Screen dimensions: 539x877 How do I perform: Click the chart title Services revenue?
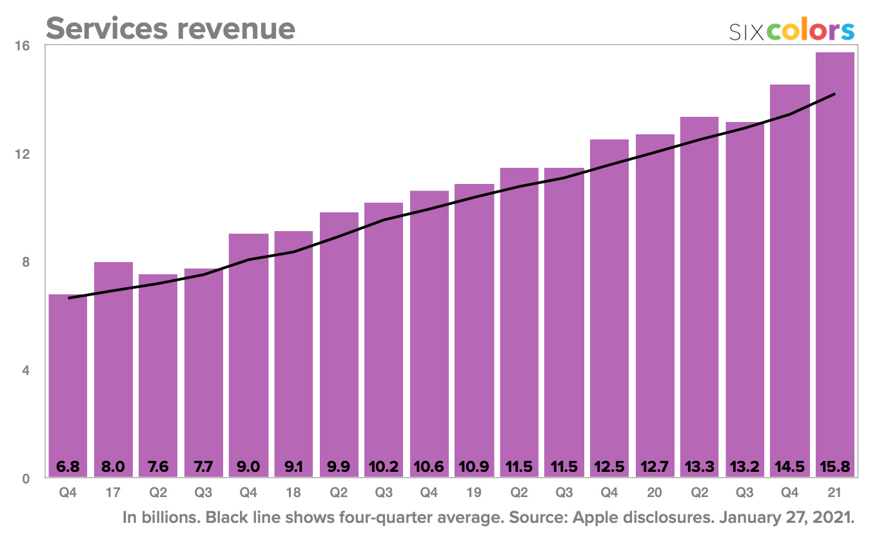pos(170,28)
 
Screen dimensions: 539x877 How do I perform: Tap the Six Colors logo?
pos(792,30)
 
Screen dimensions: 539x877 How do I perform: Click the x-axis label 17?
pos(113,493)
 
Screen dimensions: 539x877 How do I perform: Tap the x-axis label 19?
pos(474,493)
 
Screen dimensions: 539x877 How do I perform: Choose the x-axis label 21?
pos(835,493)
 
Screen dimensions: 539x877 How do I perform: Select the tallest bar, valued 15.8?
pos(835,258)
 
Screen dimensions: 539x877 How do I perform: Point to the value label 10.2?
pos(384,466)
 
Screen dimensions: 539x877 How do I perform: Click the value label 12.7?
pos(655,466)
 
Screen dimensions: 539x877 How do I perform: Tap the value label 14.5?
pos(790,466)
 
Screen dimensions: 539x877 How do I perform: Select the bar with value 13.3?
pos(700,290)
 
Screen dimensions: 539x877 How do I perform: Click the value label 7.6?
pos(159,466)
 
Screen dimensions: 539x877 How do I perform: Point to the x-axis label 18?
pos(293,493)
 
